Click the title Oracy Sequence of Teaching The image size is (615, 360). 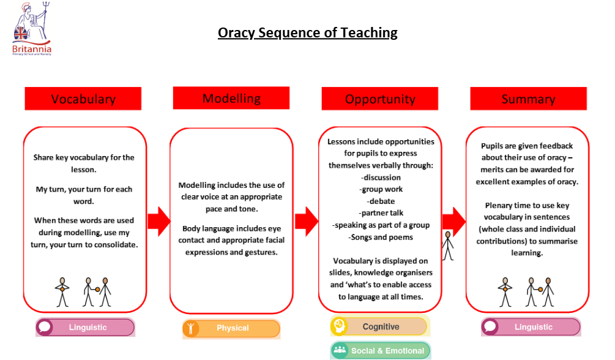point(307,32)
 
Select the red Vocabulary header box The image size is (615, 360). point(83,99)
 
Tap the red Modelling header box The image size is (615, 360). point(231,98)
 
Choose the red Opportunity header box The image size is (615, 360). point(379,99)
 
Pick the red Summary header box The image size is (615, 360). point(528,99)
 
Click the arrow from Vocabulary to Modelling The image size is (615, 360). point(158,220)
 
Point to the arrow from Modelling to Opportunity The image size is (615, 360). point(307,220)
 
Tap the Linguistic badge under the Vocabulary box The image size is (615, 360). point(85,328)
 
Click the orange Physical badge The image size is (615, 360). point(231,328)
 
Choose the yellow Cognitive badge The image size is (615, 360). point(379,326)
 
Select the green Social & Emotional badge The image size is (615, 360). point(380,351)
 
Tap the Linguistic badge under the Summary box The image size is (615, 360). point(531,327)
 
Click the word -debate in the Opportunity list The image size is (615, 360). point(381,201)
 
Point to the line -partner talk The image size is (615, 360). point(381,213)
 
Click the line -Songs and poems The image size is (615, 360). point(381,237)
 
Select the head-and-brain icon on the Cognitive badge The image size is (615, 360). point(339,326)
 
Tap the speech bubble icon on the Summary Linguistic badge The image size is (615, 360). point(490,327)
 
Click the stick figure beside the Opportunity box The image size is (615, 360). point(449,246)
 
